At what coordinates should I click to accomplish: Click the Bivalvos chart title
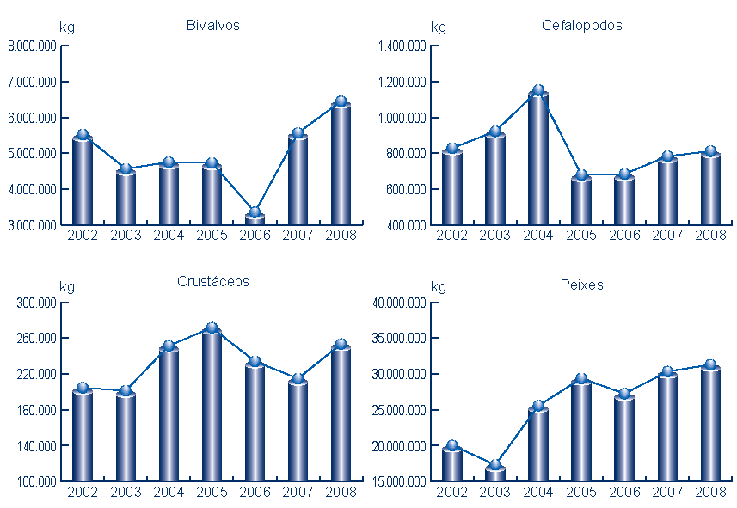pyautogui.click(x=212, y=26)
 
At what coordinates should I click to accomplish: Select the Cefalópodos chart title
pyautogui.click(x=582, y=26)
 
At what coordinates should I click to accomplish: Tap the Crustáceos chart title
pyautogui.click(x=213, y=282)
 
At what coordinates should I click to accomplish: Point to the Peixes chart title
pyautogui.click(x=582, y=285)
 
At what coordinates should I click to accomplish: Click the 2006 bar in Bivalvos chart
pyautogui.click(x=255, y=219)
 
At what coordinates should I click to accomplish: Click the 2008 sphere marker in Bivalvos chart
pyautogui.click(x=341, y=101)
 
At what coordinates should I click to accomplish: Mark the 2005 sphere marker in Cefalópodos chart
pyautogui.click(x=581, y=175)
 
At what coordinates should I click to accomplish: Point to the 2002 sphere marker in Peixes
pyautogui.click(x=452, y=445)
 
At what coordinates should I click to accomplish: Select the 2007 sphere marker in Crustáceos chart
pyautogui.click(x=298, y=378)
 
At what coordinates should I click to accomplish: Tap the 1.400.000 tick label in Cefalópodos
pyautogui.click(x=402, y=46)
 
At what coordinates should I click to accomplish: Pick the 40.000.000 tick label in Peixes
pyautogui.click(x=399, y=303)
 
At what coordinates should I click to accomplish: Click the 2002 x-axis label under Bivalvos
pyautogui.click(x=83, y=236)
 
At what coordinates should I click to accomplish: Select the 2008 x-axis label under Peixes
pyautogui.click(x=710, y=492)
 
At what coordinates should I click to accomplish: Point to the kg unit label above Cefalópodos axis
pyautogui.click(x=439, y=28)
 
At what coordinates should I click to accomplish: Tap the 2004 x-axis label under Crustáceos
pyautogui.click(x=169, y=492)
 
